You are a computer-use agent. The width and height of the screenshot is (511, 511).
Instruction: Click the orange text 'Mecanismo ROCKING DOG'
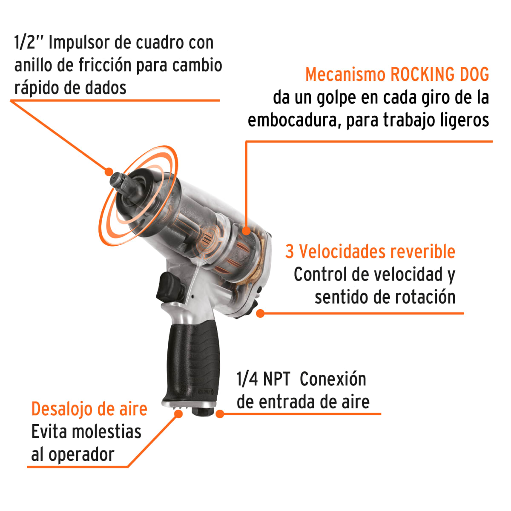tap(397, 75)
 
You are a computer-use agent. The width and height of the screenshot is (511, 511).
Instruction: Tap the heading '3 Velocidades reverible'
tap(370, 252)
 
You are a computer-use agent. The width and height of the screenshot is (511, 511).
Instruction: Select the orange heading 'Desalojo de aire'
tap(89, 409)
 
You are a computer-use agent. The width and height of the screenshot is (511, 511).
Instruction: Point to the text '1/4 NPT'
tap(263, 379)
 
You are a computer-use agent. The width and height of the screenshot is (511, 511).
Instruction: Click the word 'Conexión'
tap(333, 379)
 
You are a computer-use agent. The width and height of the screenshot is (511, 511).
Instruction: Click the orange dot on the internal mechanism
tap(246, 231)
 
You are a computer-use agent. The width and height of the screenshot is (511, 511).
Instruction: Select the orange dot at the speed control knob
tap(261, 313)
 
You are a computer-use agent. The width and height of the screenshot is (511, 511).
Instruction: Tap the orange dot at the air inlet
tap(220, 413)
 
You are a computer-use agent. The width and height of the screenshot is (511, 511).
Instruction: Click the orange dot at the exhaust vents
tap(179, 413)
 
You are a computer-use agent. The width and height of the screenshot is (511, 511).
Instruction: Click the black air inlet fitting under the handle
tap(199, 411)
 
